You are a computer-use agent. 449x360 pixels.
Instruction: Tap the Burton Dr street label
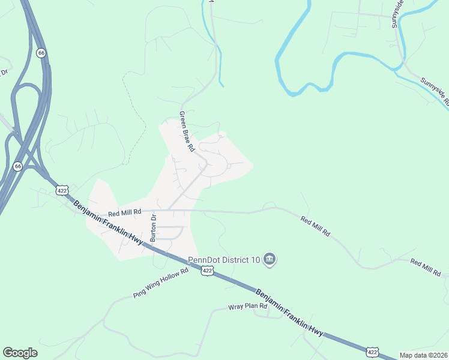(x=154, y=229)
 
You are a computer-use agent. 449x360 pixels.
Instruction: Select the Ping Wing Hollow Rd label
(x=160, y=283)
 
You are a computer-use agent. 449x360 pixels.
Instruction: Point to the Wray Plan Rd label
(x=247, y=307)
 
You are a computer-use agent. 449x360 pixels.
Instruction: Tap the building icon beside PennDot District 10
(x=270, y=259)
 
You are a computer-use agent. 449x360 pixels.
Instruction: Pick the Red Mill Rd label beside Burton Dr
(x=124, y=212)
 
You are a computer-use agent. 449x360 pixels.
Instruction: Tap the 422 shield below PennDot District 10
(x=207, y=271)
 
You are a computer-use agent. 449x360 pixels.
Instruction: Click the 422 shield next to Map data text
(x=373, y=352)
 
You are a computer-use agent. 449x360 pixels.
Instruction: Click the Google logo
(x=20, y=352)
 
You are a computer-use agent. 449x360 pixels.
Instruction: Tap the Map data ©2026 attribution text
(x=423, y=355)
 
